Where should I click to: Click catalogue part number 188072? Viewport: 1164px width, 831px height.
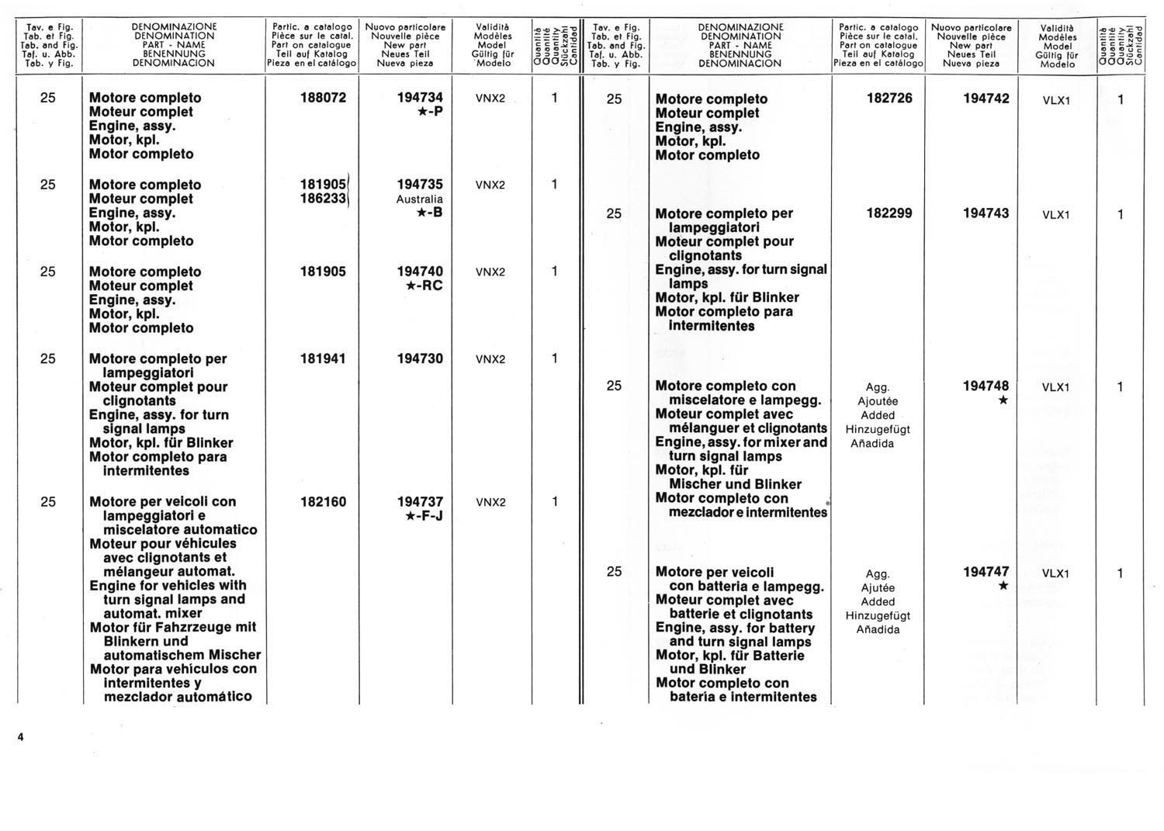click(323, 98)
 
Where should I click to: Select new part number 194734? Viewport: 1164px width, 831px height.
click(420, 98)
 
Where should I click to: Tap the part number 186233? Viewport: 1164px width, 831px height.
click(323, 199)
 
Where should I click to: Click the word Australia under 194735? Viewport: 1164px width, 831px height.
click(419, 199)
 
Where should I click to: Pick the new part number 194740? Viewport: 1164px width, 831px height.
click(420, 272)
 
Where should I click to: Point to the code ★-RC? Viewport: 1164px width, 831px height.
click(424, 286)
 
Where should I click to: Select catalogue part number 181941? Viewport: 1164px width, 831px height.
click(323, 358)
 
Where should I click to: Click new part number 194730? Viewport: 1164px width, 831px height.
click(420, 358)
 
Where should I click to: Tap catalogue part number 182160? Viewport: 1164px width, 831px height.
click(323, 502)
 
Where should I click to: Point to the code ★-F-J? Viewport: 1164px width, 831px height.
click(424, 516)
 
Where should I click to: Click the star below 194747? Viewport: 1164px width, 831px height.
click(1003, 587)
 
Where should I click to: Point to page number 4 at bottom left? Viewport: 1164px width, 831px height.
click(21, 738)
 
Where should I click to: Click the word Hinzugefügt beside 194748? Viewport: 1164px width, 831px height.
click(878, 429)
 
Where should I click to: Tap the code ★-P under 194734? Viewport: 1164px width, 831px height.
click(430, 112)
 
